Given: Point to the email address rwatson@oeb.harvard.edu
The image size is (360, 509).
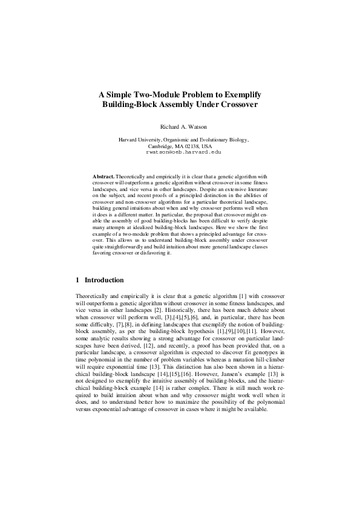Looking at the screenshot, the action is [179, 152].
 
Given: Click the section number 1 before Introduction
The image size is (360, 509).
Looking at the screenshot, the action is [77, 280].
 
